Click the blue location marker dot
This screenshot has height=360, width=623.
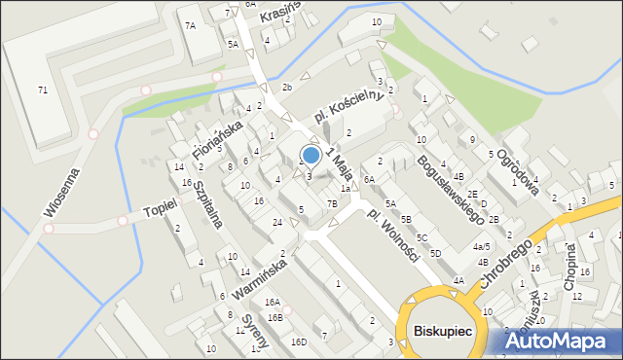pyautogui.click(x=311, y=155)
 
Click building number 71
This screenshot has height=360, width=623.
pyautogui.click(x=42, y=90)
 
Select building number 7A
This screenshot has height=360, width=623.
pyautogui.click(x=191, y=26)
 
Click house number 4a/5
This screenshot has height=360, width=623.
pyautogui.click(x=481, y=247)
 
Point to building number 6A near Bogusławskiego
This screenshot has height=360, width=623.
pyautogui.click(x=369, y=180)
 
